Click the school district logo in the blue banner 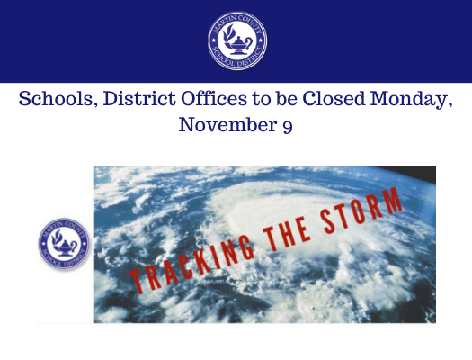[x=236, y=41]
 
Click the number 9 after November [x=286, y=127]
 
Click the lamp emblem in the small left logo [x=64, y=245]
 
